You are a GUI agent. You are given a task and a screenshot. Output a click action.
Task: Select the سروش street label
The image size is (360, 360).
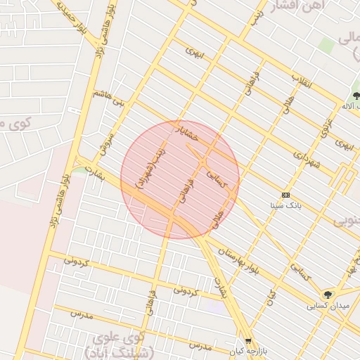(106, 141)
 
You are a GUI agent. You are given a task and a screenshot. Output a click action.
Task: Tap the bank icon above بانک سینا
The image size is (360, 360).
(285, 195)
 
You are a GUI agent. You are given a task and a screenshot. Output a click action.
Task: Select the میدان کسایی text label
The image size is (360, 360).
(326, 307)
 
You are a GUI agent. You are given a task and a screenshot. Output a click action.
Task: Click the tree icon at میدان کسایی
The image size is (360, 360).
(328, 295)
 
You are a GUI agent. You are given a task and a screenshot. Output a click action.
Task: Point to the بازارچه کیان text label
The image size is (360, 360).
(246, 350)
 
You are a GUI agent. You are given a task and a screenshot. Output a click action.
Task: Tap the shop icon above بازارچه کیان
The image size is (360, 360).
(247, 340)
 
